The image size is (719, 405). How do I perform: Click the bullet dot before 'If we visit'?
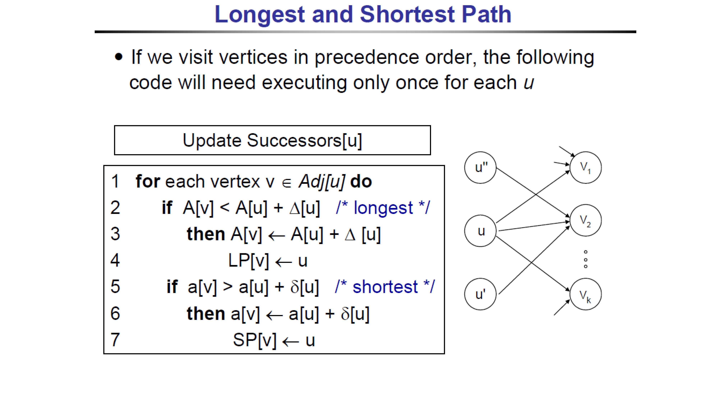pyautogui.click(x=119, y=57)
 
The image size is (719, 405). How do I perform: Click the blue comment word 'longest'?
pyautogui.click(x=383, y=208)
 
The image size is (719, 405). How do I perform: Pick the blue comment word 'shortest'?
pyautogui.click(x=385, y=287)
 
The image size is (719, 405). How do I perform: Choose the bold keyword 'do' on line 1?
pyautogui.click(x=361, y=181)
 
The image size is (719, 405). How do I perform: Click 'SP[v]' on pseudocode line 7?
pyautogui.click(x=255, y=340)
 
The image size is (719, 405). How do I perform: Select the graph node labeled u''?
pyautogui.click(x=480, y=167)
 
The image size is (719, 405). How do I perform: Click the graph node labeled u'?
pyautogui.click(x=480, y=294)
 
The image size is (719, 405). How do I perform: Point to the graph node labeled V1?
pyautogui.click(x=586, y=167)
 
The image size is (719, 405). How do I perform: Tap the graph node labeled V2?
pyautogui.click(x=586, y=220)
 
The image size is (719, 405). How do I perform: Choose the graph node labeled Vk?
pyautogui.click(x=586, y=294)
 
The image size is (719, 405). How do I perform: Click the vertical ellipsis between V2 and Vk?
pyautogui.click(x=586, y=259)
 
